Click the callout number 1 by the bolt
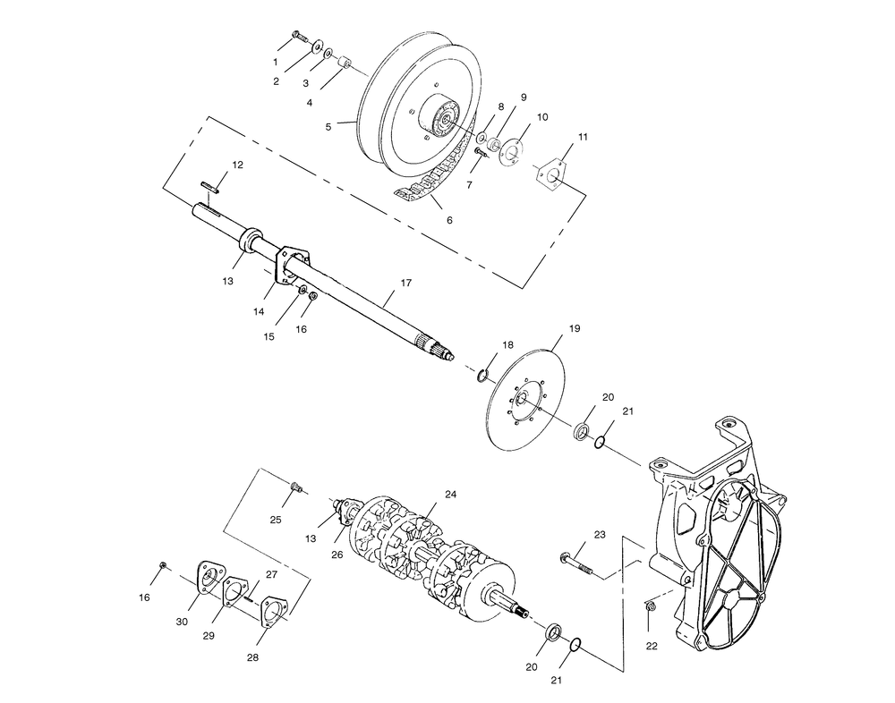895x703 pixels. [x=276, y=63]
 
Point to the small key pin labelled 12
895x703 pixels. [x=209, y=186]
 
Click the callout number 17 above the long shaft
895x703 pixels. [x=405, y=283]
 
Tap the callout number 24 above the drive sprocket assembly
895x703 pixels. [x=450, y=495]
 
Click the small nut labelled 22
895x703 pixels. [x=650, y=609]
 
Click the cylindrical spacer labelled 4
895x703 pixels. [x=343, y=65]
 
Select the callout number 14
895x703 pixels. [x=260, y=311]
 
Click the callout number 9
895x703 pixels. [x=523, y=97]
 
